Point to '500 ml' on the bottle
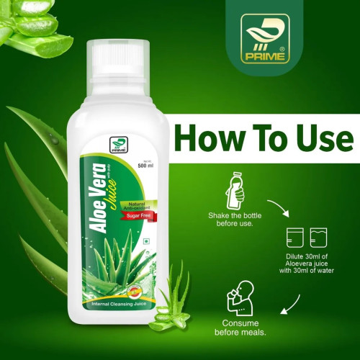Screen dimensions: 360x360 147,165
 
